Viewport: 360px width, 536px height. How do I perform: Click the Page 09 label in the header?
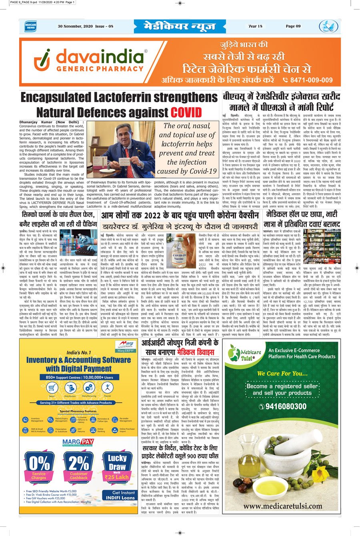(x=293, y=26)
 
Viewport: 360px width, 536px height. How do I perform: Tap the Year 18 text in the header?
(x=255, y=26)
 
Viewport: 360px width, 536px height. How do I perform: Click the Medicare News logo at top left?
(x=30, y=26)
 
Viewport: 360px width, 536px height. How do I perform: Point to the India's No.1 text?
(x=79, y=352)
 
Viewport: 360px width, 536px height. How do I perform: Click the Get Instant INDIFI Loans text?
(x=121, y=495)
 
